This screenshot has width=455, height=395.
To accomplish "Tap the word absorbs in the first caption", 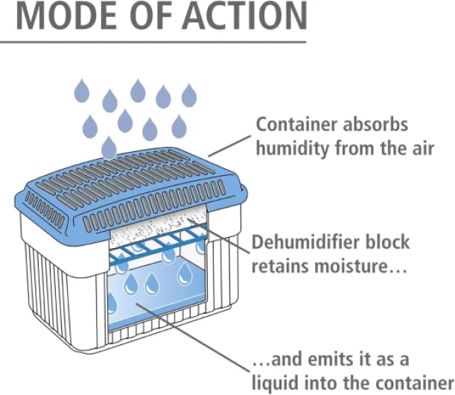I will [381, 125].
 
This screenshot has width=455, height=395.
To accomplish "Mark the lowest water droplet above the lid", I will [109, 146].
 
